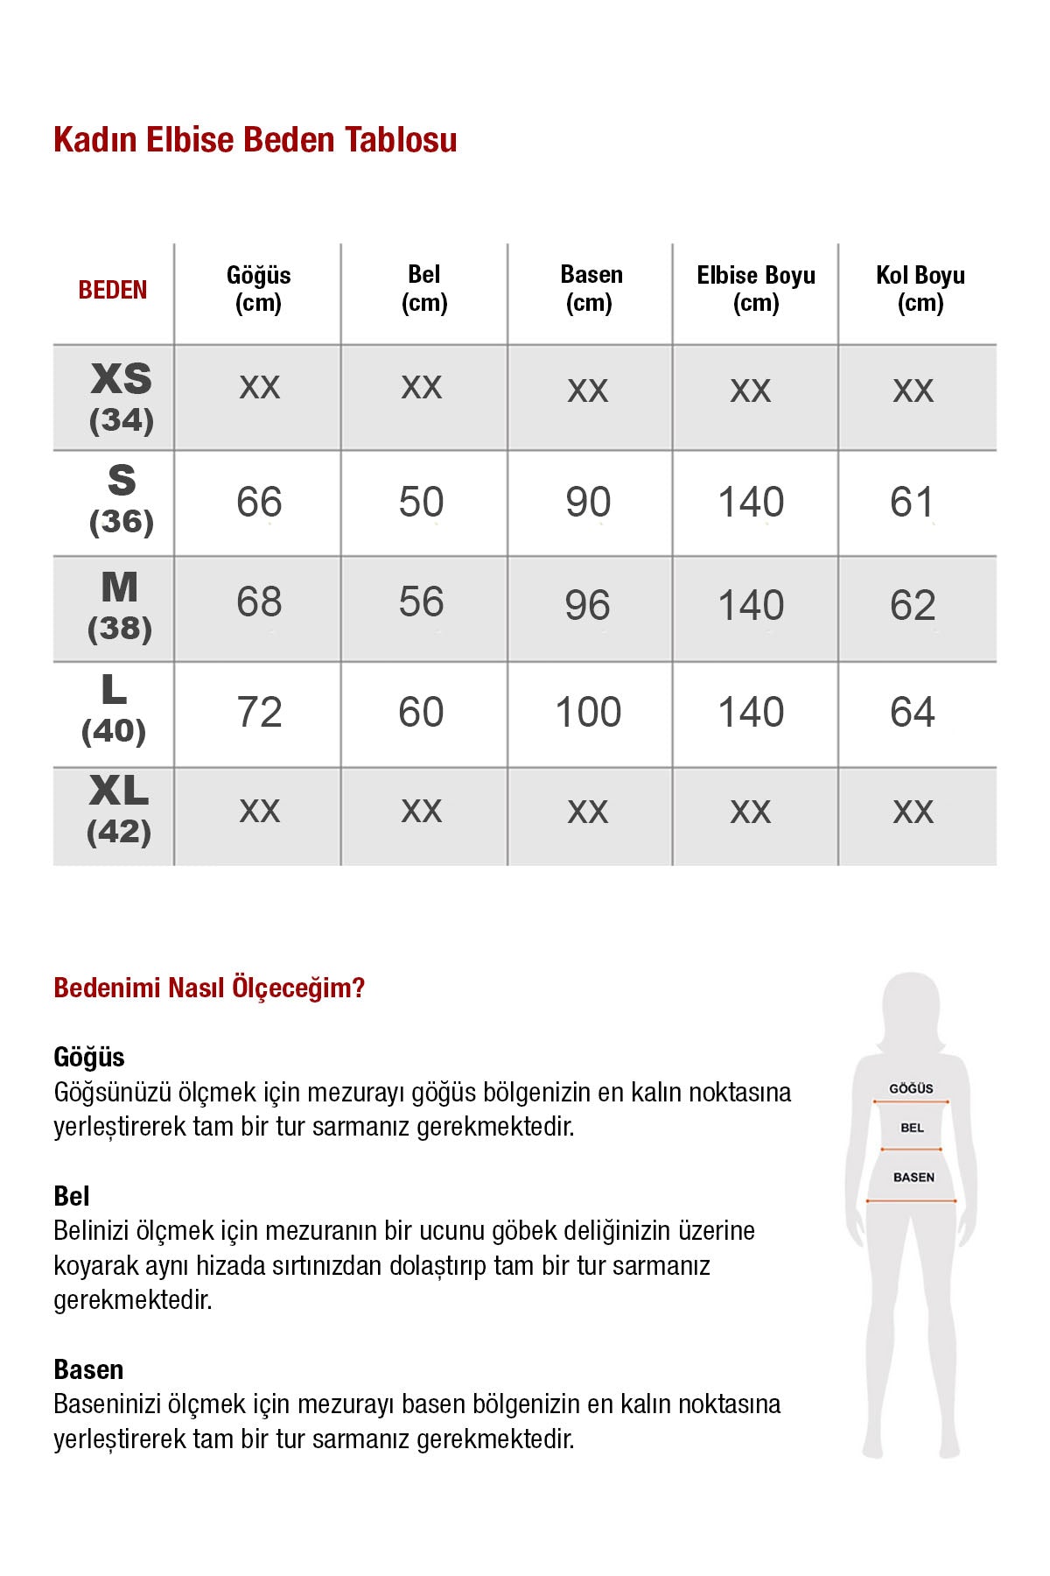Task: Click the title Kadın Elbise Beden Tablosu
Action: pyautogui.click(x=255, y=140)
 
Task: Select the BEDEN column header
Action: pyautogui.click(x=113, y=290)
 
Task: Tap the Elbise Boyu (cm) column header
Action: pyautogui.click(x=756, y=289)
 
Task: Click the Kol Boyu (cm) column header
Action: pyautogui.click(x=920, y=289)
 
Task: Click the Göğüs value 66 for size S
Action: pyautogui.click(x=259, y=503)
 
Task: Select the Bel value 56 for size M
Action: pyautogui.click(x=421, y=602)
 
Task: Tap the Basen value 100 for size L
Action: pyautogui.click(x=588, y=713)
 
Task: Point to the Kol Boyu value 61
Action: pyautogui.click(x=912, y=503)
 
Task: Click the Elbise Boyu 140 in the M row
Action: pyautogui.click(x=751, y=606)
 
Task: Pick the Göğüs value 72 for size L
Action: pyautogui.click(x=259, y=713)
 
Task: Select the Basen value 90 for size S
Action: pyautogui.click(x=588, y=503)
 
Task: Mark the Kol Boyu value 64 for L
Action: pyautogui.click(x=912, y=713)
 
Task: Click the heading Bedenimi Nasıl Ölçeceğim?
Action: pyautogui.click(x=209, y=989)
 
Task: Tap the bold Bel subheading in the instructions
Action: pyautogui.click(x=72, y=1196)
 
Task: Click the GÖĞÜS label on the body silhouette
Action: pyautogui.click(x=911, y=1088)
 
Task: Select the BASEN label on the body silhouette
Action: pyautogui.click(x=913, y=1178)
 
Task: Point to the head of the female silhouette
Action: pyautogui.click(x=912, y=1007)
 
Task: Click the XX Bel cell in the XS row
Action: pyautogui.click(x=422, y=387)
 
